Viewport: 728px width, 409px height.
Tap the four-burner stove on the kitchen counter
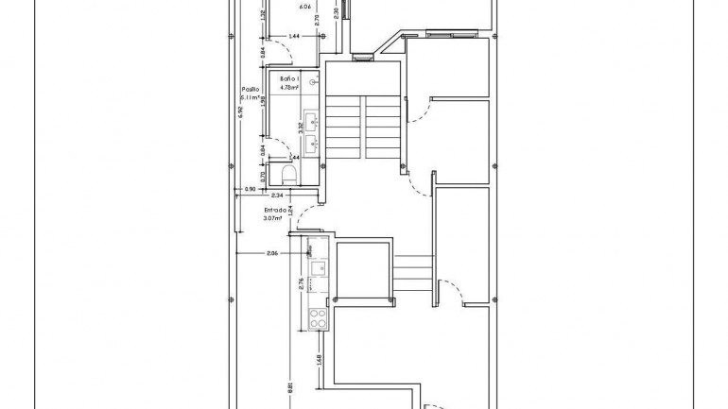[316, 319]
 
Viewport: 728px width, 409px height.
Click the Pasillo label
[250, 89]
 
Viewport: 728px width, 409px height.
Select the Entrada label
[275, 211]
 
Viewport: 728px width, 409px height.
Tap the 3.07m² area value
[273, 219]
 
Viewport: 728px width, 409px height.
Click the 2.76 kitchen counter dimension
[302, 284]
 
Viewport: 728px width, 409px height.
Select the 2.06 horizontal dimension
[271, 253]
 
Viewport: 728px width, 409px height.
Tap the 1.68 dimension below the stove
[320, 359]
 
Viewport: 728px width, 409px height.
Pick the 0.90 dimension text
[250, 190]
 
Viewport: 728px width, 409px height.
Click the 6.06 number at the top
[304, 7]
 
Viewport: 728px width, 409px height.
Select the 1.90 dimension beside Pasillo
[263, 98]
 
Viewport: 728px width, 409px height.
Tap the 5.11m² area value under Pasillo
[251, 97]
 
